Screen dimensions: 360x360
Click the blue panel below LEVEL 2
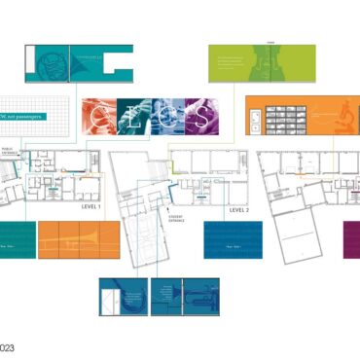point(233,239)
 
